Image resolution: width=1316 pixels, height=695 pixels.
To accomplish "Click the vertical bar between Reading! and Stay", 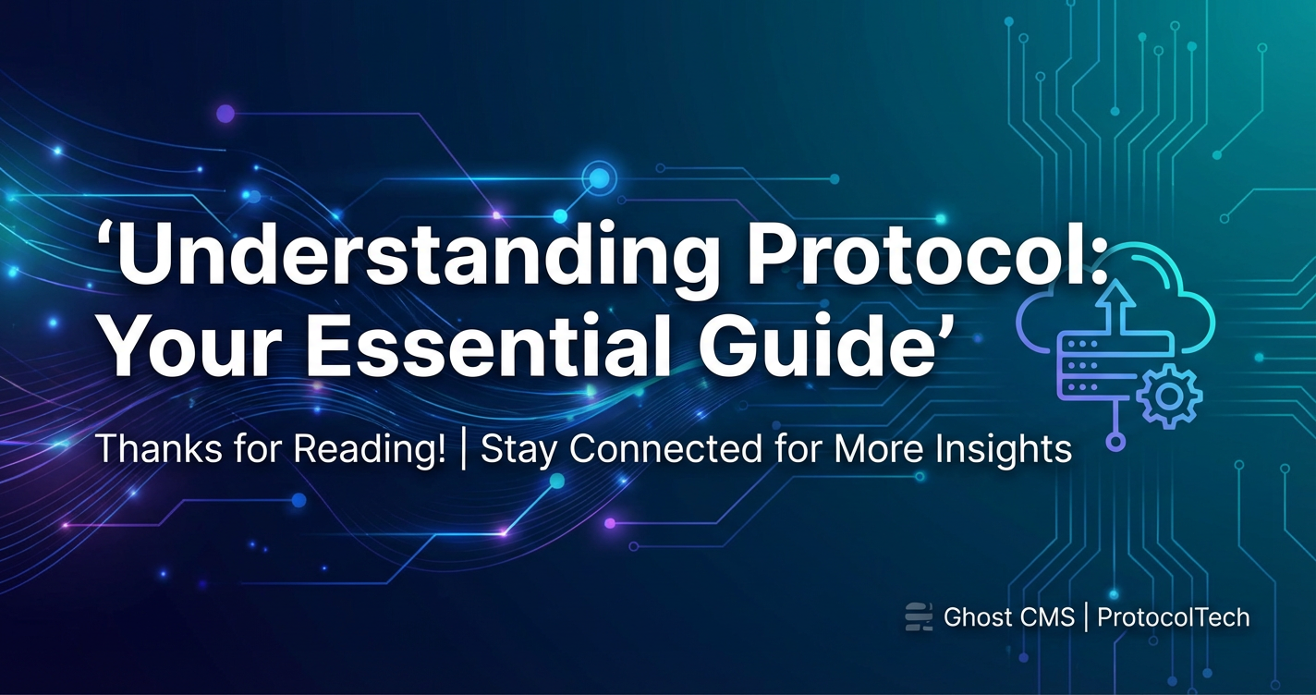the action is pyautogui.click(x=464, y=450).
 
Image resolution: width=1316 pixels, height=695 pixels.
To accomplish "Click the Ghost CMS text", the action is pyautogui.click(x=1009, y=617).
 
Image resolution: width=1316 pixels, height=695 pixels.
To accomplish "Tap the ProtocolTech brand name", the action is pyautogui.click(x=1174, y=617).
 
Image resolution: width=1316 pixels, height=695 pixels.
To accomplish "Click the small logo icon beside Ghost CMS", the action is pyautogui.click(x=920, y=616).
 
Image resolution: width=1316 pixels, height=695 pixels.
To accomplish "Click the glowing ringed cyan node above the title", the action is pyautogui.click(x=599, y=177).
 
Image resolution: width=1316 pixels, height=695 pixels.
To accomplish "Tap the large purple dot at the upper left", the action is pyautogui.click(x=225, y=114).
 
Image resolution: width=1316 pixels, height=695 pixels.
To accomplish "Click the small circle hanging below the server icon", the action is pyautogui.click(x=1115, y=441).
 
